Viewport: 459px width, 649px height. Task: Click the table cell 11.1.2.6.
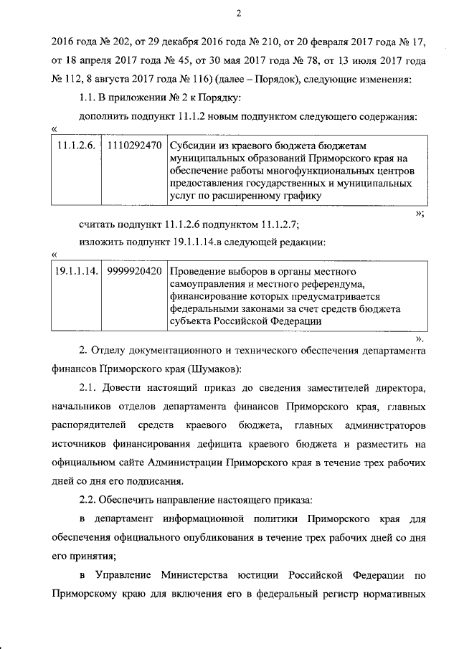coord(77,145)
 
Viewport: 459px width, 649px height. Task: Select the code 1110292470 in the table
coord(133,145)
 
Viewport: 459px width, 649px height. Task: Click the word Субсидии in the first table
coord(192,145)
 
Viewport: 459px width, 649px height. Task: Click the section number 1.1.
coord(89,97)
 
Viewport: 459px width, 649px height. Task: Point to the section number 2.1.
coord(89,389)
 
